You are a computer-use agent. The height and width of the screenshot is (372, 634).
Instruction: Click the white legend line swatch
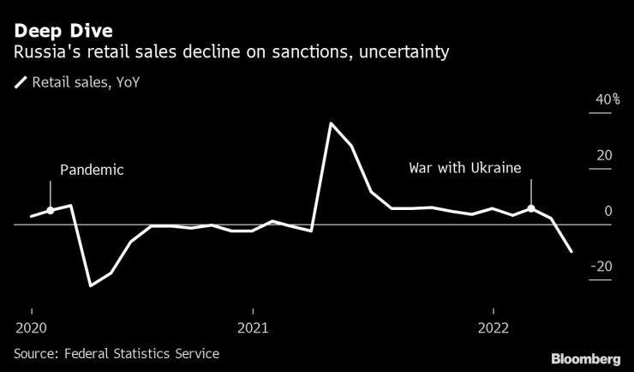click(20, 83)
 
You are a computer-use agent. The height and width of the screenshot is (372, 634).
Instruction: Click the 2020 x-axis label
click(32, 327)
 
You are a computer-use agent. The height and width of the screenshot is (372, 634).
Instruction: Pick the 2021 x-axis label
click(253, 327)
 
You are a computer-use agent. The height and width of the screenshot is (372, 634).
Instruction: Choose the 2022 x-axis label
click(493, 327)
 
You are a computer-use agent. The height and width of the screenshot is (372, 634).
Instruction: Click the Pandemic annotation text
click(92, 170)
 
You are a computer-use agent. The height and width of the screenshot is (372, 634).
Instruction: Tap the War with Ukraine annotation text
click(465, 168)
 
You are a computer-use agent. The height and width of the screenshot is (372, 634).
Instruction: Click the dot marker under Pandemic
click(51, 210)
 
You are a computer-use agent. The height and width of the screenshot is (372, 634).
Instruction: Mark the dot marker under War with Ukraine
click(531, 208)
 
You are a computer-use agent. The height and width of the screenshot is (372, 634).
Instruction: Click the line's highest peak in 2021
click(331, 123)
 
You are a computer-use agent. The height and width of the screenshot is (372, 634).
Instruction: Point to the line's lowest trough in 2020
click(90, 285)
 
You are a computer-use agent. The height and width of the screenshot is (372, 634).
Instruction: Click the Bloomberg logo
click(585, 357)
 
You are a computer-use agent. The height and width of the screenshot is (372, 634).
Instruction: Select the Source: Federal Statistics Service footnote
click(117, 353)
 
